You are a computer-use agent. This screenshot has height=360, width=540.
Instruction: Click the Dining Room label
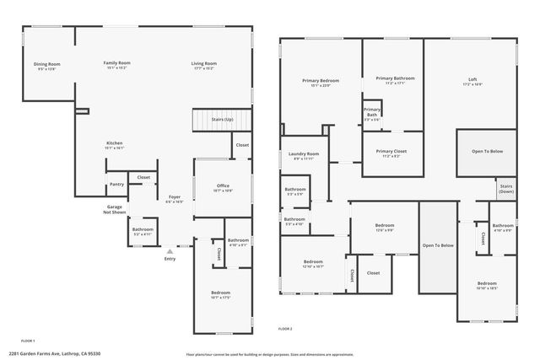(x=47, y=64)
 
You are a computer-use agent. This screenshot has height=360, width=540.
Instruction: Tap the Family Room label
(x=116, y=63)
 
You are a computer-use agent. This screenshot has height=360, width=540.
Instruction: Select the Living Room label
(x=204, y=63)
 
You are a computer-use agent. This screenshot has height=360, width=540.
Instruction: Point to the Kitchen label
(x=114, y=143)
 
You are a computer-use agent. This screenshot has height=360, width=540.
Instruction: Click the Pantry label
(x=116, y=185)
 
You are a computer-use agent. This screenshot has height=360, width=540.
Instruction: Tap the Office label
(x=223, y=185)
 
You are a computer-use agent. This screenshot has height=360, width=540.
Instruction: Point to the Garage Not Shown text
(x=115, y=209)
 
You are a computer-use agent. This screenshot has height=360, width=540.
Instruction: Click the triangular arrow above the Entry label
(x=170, y=250)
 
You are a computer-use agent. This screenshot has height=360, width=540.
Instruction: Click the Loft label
(x=472, y=81)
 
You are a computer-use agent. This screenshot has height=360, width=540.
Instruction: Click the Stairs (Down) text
(x=506, y=188)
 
